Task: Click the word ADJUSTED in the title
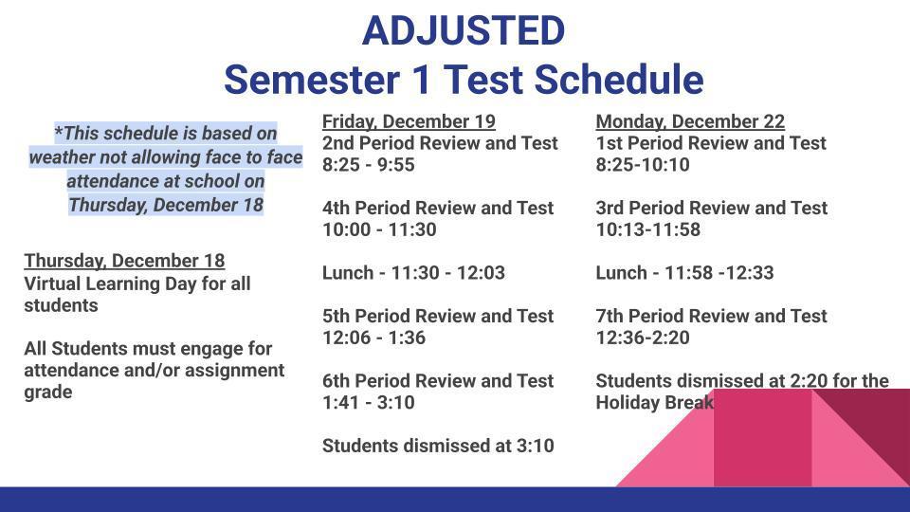pos(463,31)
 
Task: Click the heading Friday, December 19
pos(409,121)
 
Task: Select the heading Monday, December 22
pos(690,121)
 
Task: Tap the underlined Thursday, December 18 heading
pos(124,261)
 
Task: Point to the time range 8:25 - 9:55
pos(369,165)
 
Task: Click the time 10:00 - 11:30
pos(379,229)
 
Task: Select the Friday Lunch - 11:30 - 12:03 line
pos(413,273)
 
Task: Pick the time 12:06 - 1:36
pos(373,338)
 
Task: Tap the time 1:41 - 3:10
pos(369,402)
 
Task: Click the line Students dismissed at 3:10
pos(438,446)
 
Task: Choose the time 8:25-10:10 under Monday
pos(643,165)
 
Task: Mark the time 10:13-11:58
pos(647,229)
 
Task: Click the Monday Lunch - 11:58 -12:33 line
pos(684,273)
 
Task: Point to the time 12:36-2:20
pos(643,338)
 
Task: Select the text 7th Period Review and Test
pos(711,316)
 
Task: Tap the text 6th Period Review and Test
pos(438,380)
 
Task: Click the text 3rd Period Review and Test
pos(711,208)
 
